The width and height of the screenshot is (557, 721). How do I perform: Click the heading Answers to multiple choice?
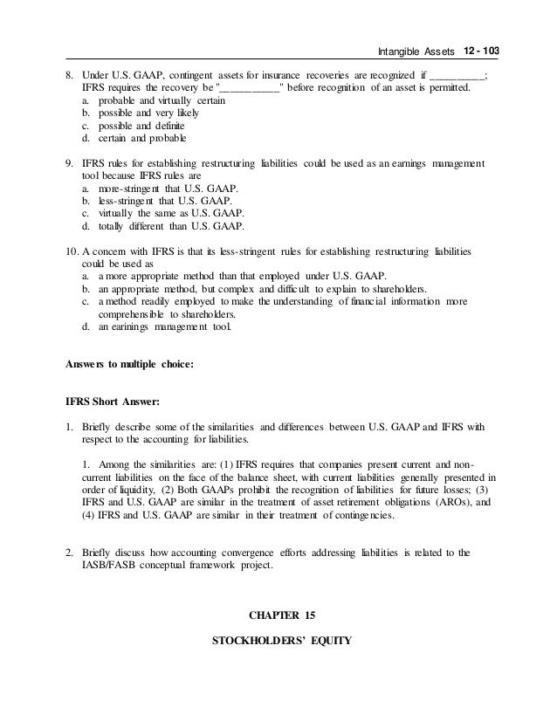click(128, 365)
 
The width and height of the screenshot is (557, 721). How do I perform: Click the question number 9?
click(70, 163)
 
